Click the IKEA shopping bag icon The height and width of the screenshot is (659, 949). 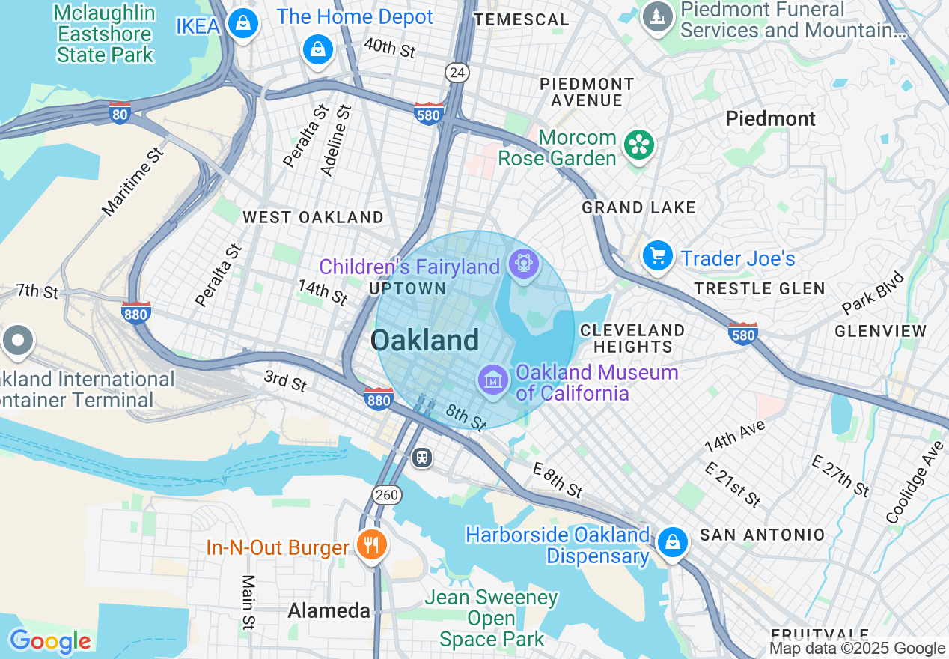243,24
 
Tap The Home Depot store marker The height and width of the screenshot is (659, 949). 318,49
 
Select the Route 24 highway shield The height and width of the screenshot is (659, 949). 456,73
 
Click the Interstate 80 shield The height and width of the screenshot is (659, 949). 120,113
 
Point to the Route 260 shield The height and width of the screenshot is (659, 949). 387,495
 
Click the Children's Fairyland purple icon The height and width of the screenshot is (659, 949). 522,264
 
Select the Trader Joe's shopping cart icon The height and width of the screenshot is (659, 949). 658,257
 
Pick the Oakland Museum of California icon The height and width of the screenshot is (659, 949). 493,380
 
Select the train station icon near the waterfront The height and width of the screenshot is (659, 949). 422,457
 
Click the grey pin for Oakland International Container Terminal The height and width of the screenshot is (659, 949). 17,341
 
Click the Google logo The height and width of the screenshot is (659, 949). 50,641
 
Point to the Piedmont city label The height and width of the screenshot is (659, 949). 770,119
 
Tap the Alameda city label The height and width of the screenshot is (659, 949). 329,610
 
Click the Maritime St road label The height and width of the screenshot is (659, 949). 132,182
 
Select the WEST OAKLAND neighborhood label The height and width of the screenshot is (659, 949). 313,217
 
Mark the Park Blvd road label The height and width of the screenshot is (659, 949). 873,293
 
